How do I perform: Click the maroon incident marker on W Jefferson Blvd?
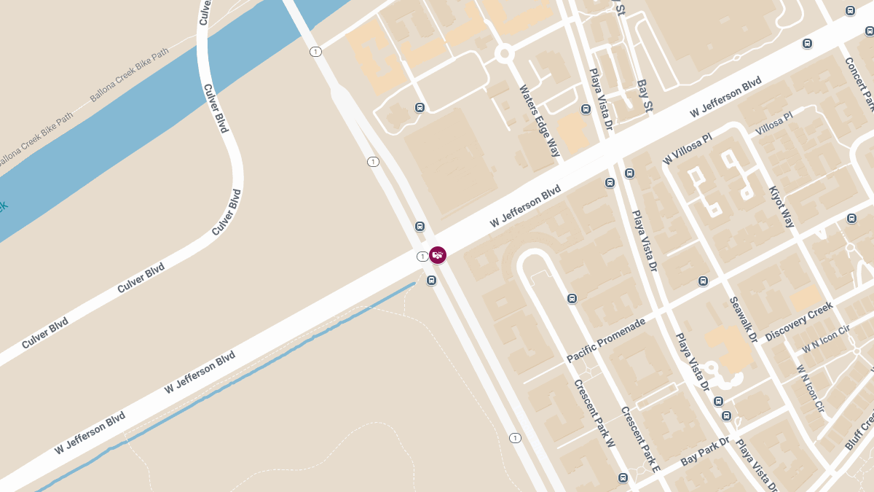[x=438, y=255]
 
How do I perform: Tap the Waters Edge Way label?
[x=540, y=121]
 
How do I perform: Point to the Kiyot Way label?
[x=782, y=206]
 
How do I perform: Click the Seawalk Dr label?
[x=744, y=319]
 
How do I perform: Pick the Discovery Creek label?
[x=799, y=322]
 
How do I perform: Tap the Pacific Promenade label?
[x=606, y=340]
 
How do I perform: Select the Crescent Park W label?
[x=594, y=413]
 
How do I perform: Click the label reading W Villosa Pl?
[x=688, y=149]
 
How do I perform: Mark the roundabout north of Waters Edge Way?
[x=504, y=53]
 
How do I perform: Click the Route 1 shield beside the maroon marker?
[x=422, y=257]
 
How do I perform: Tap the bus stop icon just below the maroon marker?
[x=432, y=281]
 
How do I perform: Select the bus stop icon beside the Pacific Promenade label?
[x=572, y=298]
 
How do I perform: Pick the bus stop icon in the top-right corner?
[x=850, y=10]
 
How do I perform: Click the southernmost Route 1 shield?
[x=515, y=438]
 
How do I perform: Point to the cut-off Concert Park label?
[x=859, y=83]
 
